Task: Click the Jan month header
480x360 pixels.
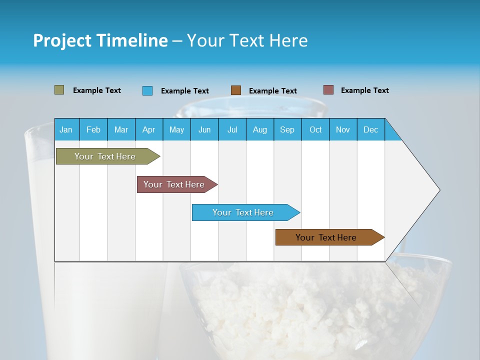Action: point(66,129)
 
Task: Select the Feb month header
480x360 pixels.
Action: point(93,129)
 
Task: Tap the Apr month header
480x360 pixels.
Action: point(148,129)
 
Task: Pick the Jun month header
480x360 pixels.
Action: point(204,129)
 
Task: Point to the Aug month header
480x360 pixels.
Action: point(259,129)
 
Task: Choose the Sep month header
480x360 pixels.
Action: point(287,129)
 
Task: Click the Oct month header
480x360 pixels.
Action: point(315,129)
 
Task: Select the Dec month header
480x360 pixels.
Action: point(370,129)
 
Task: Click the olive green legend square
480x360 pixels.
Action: point(59,90)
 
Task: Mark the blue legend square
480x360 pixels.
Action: point(147,90)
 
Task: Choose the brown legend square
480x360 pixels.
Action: point(236,90)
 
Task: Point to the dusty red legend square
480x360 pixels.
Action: point(328,90)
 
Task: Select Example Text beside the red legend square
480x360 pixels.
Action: point(364,90)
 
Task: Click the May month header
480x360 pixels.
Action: point(176,129)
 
